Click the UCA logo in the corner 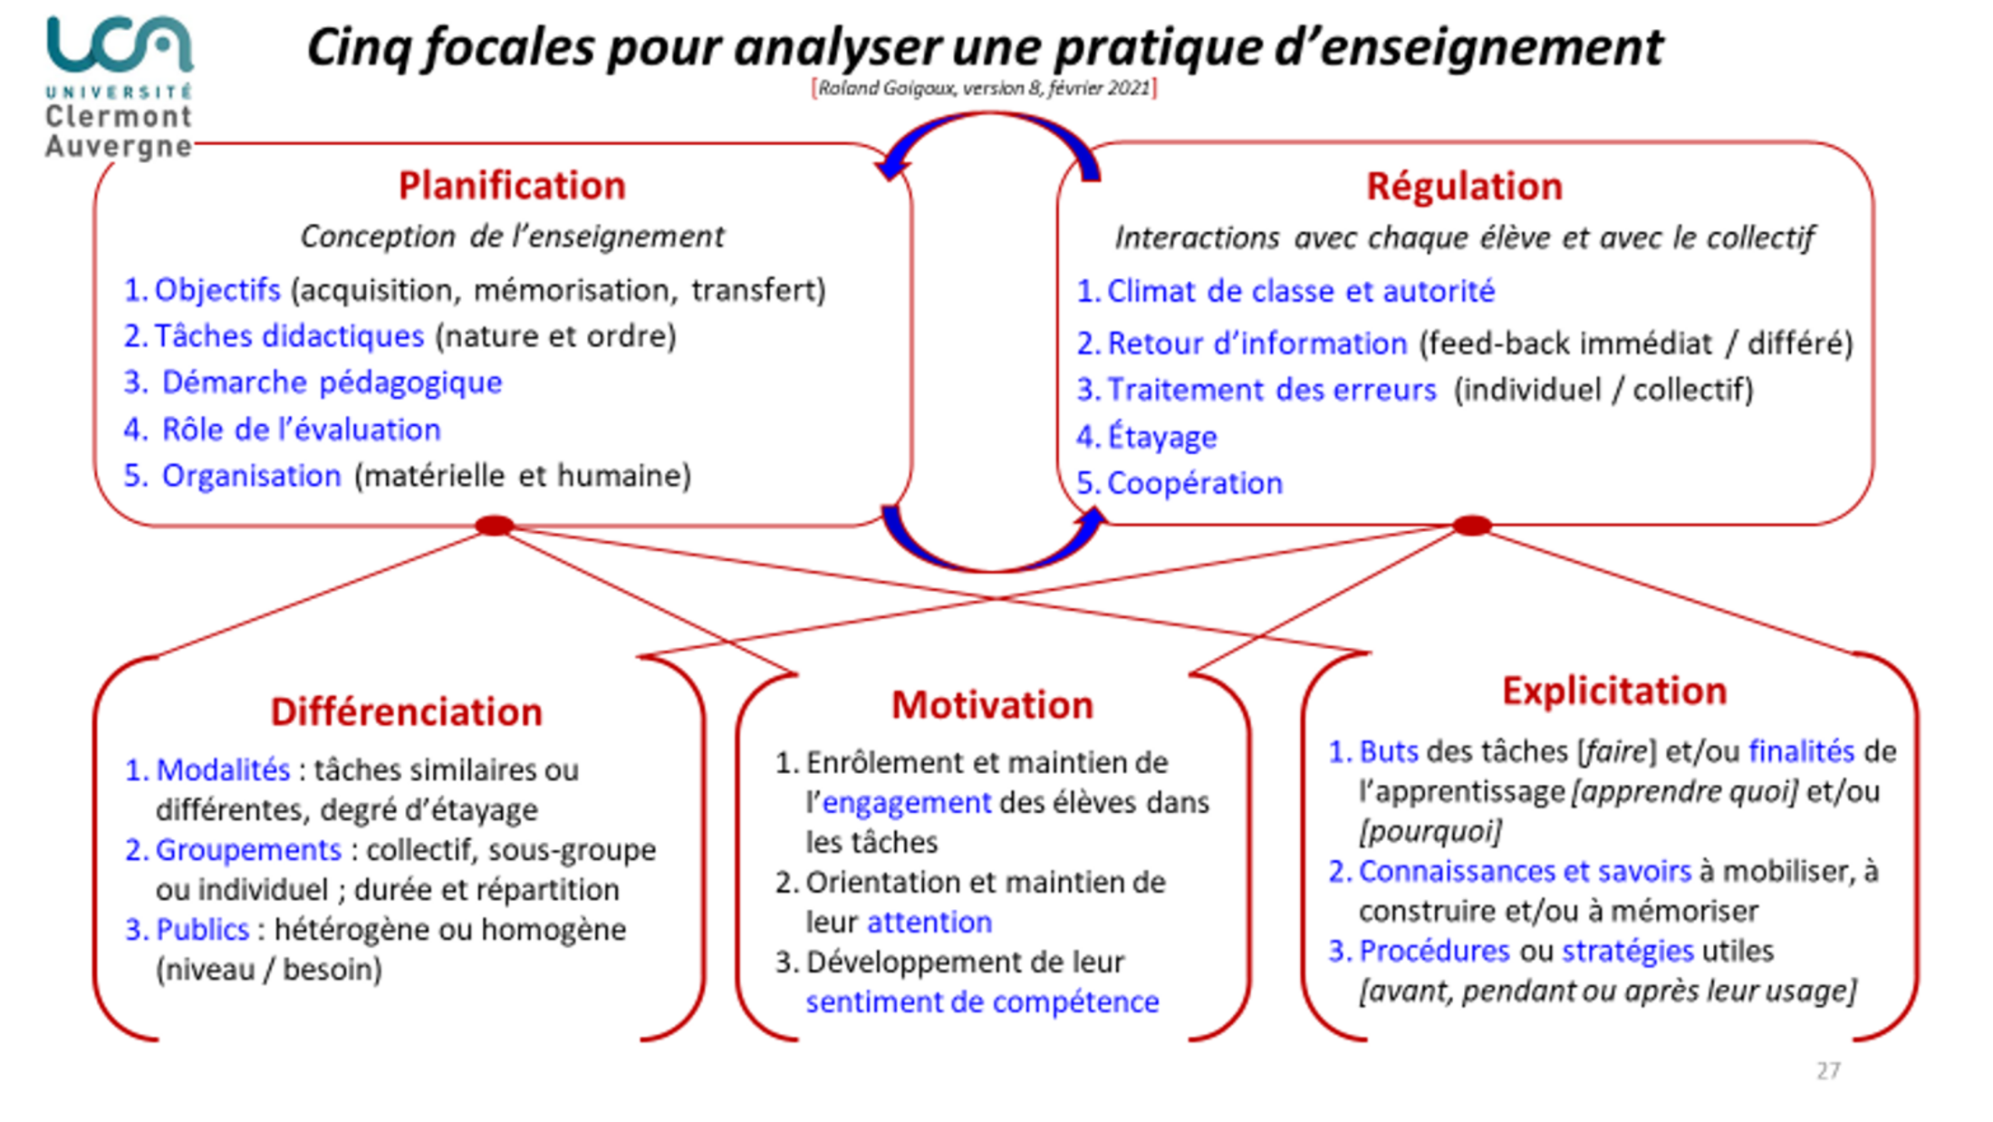point(119,87)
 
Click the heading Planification point(512,186)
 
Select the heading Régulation point(1464,187)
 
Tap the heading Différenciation point(406,712)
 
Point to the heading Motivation point(992,705)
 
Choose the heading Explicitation point(1614,691)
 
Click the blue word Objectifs point(217,290)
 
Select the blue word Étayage point(1162,436)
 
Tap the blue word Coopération point(1195,483)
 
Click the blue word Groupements point(248,850)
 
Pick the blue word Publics point(202,930)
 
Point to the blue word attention point(929,923)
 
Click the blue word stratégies point(1628,952)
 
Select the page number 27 point(1828,1071)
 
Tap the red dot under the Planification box point(495,525)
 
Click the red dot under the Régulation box point(1472,526)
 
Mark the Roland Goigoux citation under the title point(984,88)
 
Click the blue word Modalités point(223,770)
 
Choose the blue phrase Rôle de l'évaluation point(301,430)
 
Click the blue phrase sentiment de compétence point(982,1002)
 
